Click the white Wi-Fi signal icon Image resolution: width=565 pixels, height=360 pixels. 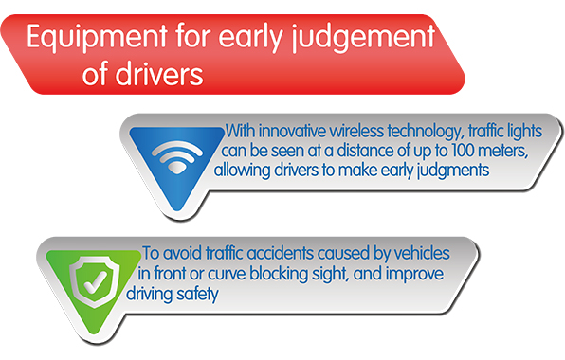pos(177,157)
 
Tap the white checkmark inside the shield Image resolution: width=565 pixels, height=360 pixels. pos(95,281)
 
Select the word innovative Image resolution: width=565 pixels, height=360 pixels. pos(293,131)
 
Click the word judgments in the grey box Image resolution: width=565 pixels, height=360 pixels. pos(453,171)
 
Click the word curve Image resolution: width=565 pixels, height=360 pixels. pos(227,274)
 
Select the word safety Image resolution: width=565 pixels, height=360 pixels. pos(197,294)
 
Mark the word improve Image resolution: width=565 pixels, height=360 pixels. pos(414,275)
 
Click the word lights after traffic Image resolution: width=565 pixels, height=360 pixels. pos(524,131)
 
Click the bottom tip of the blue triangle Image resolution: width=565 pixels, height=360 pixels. pos(177,210)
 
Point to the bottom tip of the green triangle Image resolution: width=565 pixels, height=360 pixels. pos(95,333)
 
